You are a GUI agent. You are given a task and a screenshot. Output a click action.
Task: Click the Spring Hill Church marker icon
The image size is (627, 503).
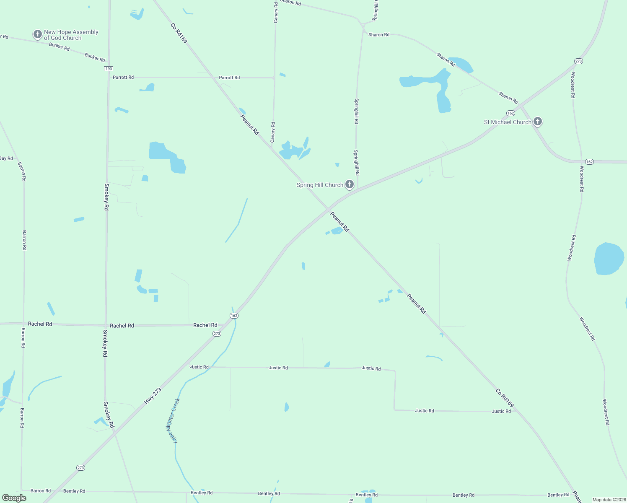349,184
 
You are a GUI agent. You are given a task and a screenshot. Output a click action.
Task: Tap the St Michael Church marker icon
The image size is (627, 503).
538,122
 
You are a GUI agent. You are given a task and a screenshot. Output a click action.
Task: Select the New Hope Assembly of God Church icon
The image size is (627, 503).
37,34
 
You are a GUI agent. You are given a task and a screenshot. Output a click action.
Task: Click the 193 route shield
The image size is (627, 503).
109,69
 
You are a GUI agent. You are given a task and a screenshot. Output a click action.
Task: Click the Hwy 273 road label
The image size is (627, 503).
153,396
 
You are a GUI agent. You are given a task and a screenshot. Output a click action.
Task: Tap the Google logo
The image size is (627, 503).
14,498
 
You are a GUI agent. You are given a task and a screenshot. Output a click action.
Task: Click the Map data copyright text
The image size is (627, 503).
609,500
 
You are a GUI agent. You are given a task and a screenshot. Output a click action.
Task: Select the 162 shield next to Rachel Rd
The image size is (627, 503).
234,316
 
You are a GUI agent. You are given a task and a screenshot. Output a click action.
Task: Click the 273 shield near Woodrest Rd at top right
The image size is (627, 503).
578,61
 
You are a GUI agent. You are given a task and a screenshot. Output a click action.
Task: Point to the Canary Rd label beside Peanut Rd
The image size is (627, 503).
273,132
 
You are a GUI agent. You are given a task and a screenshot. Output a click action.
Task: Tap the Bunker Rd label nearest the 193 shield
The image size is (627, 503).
95,57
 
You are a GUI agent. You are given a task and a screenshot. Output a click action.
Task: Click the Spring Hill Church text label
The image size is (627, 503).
320,185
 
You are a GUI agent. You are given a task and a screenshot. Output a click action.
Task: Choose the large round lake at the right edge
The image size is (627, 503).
609,259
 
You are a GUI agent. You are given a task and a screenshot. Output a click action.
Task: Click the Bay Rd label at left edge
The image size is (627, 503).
6,158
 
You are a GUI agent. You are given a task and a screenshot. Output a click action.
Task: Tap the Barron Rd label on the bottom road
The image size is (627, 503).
41,490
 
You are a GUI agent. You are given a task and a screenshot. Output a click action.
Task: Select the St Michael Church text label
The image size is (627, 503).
508,122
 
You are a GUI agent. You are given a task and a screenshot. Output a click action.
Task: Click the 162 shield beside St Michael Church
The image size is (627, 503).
510,113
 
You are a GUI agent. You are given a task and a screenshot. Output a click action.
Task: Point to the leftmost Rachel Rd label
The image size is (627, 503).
40,324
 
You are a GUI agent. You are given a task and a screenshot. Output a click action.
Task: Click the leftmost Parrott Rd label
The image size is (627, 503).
123,77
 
